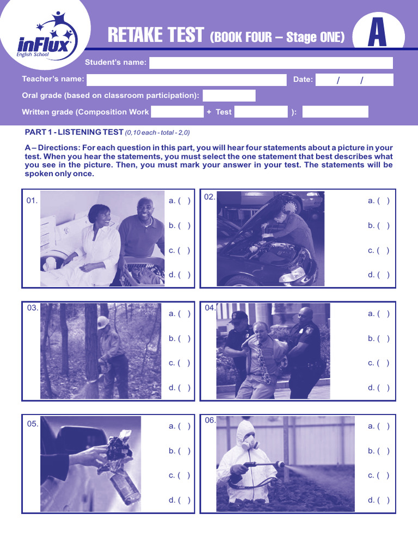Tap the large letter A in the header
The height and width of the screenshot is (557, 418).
click(378, 34)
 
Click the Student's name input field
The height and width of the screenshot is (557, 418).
click(271, 63)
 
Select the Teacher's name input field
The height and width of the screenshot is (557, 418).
click(186, 79)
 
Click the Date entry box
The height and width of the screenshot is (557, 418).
click(354, 80)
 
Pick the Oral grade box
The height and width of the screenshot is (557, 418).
click(229, 96)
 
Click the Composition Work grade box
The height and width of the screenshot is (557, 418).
click(177, 112)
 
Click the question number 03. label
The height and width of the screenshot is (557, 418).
click(33, 308)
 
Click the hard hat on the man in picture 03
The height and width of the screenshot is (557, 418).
click(103, 321)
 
